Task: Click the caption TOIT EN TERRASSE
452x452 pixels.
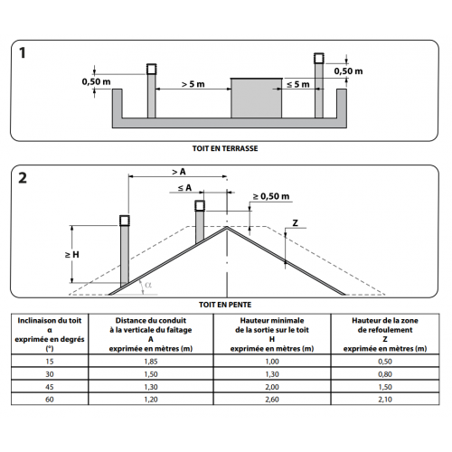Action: coord(225,148)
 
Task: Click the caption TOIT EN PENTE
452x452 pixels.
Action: coord(225,305)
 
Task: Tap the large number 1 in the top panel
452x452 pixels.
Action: coord(23,53)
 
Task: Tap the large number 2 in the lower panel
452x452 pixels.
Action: coord(23,178)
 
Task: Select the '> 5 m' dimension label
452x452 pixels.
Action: coord(193,84)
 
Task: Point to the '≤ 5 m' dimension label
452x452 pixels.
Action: coord(298,84)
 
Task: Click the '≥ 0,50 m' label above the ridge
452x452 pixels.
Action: coord(271,196)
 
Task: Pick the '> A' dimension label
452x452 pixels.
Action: coord(179,172)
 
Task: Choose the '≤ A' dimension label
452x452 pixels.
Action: coord(184,188)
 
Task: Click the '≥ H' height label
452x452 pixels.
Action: coord(72,255)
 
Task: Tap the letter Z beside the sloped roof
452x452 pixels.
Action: coord(296,223)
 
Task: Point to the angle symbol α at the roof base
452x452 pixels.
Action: coord(148,285)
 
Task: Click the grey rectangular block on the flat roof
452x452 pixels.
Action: coord(257,98)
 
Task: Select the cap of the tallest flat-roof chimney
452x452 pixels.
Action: coord(319,58)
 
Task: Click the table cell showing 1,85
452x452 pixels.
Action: coord(151,362)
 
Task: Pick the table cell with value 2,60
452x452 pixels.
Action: coord(272,400)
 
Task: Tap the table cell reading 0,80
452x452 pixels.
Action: coord(385,374)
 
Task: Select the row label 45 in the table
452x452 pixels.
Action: coord(50,387)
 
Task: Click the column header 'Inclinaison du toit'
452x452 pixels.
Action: coord(50,320)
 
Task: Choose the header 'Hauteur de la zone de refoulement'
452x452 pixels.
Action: coord(385,325)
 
